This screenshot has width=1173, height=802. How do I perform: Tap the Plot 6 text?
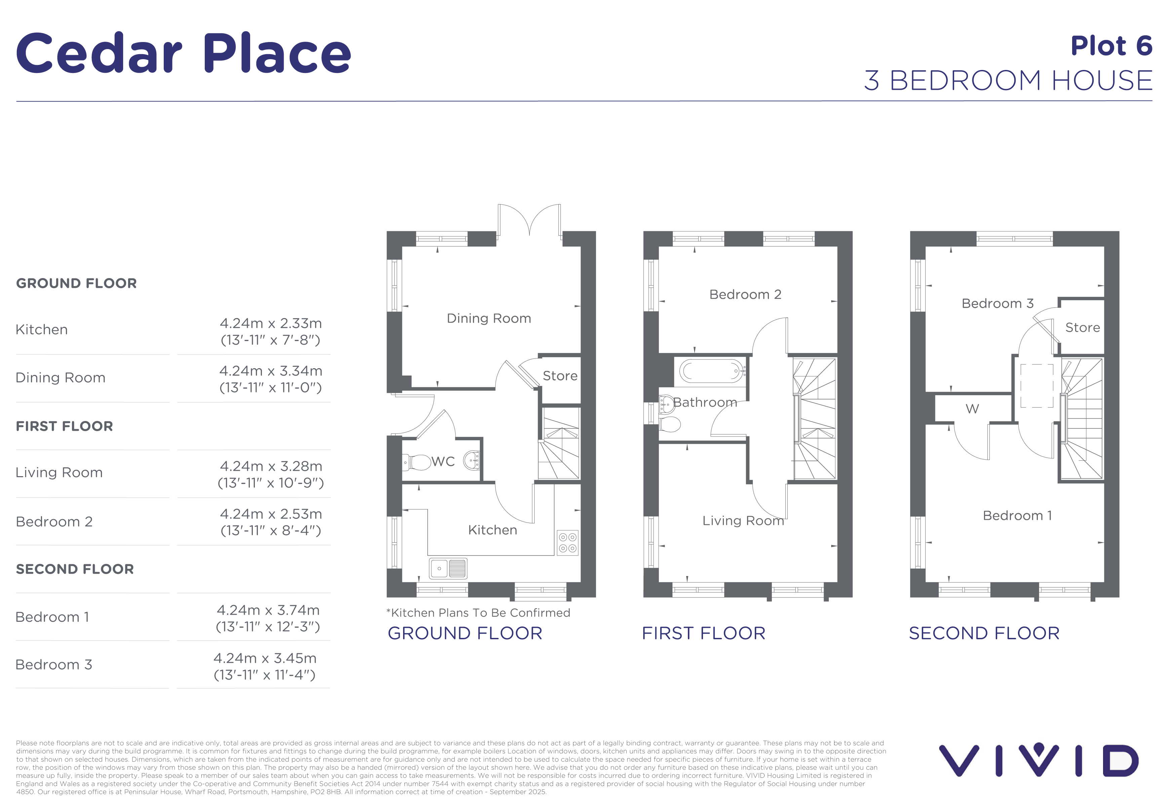pos(1111,46)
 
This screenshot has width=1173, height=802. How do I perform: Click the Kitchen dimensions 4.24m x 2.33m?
pos(271,323)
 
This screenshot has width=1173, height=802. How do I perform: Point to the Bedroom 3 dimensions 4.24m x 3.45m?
pos(265,658)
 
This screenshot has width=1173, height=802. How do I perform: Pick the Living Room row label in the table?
pos(59,472)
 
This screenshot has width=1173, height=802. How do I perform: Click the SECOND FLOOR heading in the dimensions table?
pos(75,569)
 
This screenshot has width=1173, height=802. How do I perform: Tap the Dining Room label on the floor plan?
pos(488,318)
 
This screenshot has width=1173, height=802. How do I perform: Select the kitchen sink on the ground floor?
pos(448,568)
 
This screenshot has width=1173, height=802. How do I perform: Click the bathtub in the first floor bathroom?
pos(712,371)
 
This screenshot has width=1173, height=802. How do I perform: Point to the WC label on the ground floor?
pos(443,461)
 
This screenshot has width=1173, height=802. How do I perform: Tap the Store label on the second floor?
pos(1082,328)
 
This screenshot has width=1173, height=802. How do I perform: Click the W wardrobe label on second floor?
pos(972,409)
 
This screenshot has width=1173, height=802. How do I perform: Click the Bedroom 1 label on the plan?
pos(1017,515)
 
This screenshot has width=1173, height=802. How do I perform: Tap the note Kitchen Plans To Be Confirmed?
pos(478,613)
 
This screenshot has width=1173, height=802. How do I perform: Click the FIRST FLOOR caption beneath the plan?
pos(704,634)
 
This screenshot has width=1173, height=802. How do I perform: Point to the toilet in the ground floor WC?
pos(417,462)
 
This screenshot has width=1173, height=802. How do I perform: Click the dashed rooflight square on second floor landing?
pos(1037,386)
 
